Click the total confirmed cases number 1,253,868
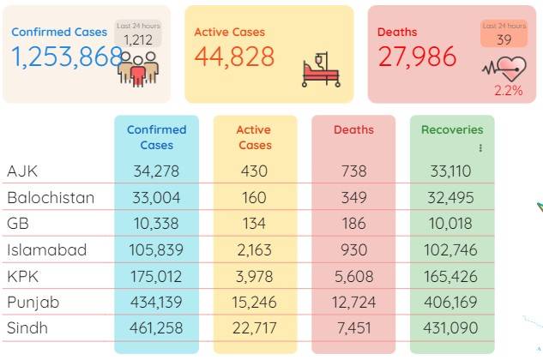click(x=67, y=57)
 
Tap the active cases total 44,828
click(x=234, y=57)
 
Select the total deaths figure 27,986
click(x=417, y=57)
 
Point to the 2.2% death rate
click(x=509, y=90)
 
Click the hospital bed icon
click(x=322, y=70)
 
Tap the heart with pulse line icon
click(x=504, y=69)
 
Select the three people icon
click(x=138, y=69)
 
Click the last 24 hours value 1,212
click(x=138, y=40)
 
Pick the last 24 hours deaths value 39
click(x=504, y=39)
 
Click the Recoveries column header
click(x=452, y=129)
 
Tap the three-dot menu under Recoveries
click(x=480, y=148)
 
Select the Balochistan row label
click(x=51, y=198)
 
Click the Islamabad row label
click(x=46, y=249)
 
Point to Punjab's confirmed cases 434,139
click(x=156, y=303)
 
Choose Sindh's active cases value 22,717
click(x=255, y=328)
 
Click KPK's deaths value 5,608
click(x=354, y=276)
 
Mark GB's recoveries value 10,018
click(x=450, y=223)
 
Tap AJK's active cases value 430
click(x=254, y=171)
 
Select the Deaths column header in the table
click(x=353, y=129)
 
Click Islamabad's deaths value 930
click(x=353, y=249)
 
